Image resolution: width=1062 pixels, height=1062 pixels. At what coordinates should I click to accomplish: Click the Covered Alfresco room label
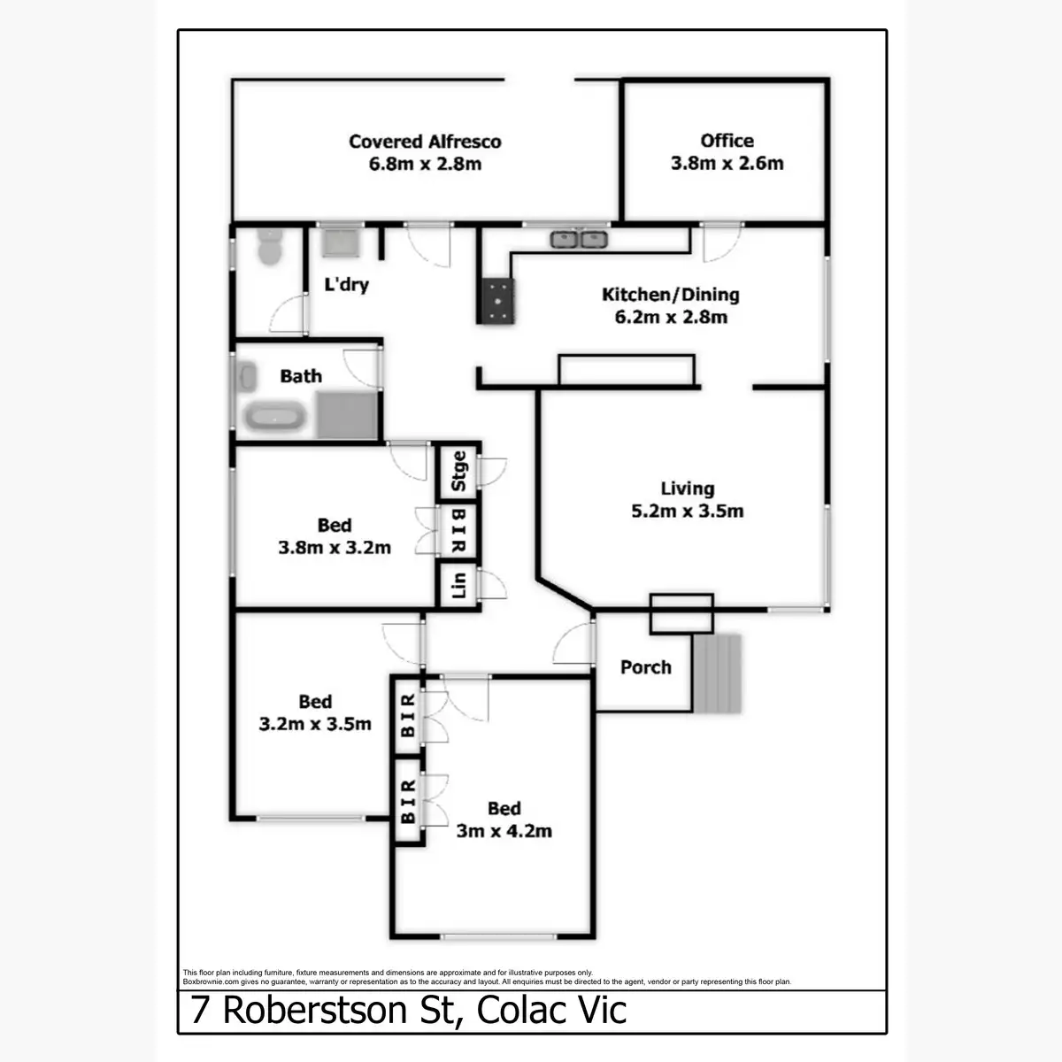click(x=425, y=142)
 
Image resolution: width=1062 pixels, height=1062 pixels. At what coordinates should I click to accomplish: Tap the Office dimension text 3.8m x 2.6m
click(x=727, y=164)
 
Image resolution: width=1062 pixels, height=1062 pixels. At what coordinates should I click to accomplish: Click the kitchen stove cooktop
click(x=497, y=300)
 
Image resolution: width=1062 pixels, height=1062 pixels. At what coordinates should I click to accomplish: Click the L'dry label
click(x=346, y=285)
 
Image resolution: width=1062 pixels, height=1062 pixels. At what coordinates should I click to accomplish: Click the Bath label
click(x=301, y=376)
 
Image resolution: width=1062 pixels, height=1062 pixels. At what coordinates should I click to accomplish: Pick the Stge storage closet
click(x=458, y=471)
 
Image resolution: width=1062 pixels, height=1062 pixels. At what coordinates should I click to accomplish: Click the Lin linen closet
click(x=458, y=585)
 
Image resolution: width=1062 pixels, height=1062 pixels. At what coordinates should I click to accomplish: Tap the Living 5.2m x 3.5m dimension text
click(x=687, y=512)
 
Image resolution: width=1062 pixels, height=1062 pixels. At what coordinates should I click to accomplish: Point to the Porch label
click(x=645, y=667)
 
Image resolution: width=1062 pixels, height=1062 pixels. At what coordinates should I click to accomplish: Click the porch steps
click(x=717, y=674)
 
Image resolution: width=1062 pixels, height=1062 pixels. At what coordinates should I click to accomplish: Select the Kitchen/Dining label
click(x=670, y=295)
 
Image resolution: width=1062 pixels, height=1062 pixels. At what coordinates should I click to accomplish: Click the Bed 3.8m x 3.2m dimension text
click(x=335, y=548)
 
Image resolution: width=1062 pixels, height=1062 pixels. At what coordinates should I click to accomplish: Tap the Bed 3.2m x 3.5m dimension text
click(x=315, y=725)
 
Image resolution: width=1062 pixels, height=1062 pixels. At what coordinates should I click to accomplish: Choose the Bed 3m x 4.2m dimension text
click(x=504, y=831)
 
